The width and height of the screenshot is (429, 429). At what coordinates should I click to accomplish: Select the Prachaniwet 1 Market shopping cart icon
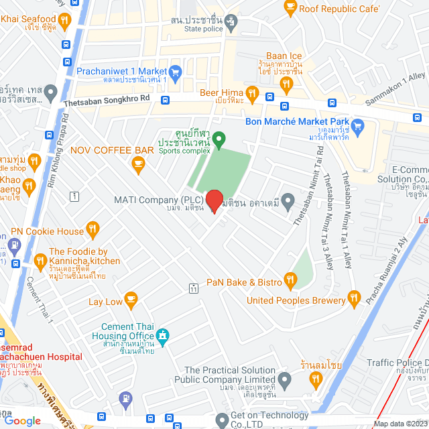pos(176,71)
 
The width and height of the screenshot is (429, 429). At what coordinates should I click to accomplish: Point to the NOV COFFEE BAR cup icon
pos(138,163)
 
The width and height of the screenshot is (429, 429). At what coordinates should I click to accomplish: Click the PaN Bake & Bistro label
pos(244,282)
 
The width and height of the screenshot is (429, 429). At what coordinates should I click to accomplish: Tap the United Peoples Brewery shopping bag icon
pos(354,300)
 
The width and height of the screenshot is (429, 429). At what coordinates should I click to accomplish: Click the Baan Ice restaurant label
pos(285,56)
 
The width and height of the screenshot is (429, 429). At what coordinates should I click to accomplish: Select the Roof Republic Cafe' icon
pos(290,8)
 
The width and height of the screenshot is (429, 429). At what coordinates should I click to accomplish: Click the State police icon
pos(231,21)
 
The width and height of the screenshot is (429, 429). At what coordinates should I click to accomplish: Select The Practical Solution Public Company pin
pos(285,381)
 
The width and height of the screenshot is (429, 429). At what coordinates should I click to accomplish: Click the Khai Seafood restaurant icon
pos(64,21)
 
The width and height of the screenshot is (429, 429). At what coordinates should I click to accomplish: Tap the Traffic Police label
pos(397,363)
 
